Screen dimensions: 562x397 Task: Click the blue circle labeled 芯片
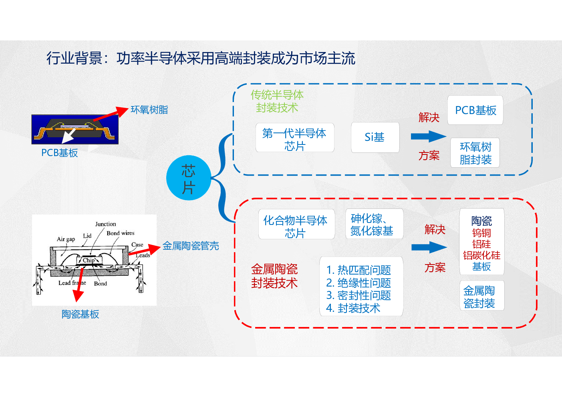(189, 178)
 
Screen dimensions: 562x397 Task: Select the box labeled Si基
(375, 137)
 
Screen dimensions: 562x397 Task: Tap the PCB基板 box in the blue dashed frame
(475, 110)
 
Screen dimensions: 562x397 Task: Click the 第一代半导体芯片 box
(295, 137)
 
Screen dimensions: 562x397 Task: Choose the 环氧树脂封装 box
(475, 152)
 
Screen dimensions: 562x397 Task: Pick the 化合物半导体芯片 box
(296, 224)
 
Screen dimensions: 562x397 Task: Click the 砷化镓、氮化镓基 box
(374, 224)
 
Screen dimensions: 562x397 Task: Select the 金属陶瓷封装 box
(482, 295)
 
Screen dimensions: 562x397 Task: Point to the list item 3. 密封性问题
(359, 295)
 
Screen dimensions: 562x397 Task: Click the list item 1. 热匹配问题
(359, 270)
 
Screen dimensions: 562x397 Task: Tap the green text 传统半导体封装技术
(277, 101)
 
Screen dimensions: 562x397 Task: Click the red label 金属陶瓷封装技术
(274, 276)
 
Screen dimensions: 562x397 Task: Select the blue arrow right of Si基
(429, 136)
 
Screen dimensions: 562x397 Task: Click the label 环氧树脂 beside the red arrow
(149, 110)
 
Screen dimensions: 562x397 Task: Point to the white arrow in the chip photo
(69, 136)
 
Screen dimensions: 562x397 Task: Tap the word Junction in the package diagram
(106, 224)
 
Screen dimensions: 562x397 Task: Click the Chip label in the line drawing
(89, 261)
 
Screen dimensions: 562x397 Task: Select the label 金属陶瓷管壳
(191, 246)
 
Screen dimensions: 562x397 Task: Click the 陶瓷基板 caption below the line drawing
(80, 314)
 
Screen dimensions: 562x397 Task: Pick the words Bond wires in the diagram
(121, 233)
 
